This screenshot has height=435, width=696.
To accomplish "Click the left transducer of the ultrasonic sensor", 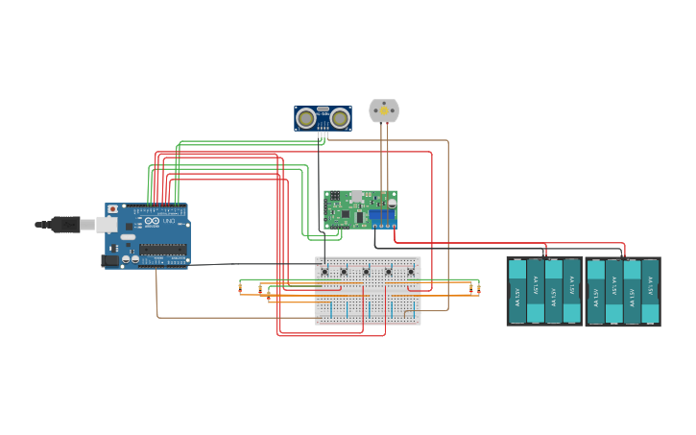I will [x=306, y=118].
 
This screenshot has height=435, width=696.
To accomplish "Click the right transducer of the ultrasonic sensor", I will [x=340, y=118].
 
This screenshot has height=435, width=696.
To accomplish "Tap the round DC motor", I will [x=384, y=111].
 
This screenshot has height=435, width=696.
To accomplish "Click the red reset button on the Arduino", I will [x=112, y=208].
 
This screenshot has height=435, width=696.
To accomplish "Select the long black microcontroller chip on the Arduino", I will [x=162, y=249].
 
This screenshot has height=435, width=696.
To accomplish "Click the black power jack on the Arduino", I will [x=110, y=259].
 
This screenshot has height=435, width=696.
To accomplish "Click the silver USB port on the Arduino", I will [x=107, y=225].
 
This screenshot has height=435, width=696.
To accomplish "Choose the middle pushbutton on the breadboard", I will [x=366, y=272].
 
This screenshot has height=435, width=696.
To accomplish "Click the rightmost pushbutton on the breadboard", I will [x=410, y=272].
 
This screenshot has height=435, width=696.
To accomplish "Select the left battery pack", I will [x=544, y=291].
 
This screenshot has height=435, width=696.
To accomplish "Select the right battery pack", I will [x=623, y=291].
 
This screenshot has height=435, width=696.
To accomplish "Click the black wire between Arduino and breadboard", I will [x=250, y=264].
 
